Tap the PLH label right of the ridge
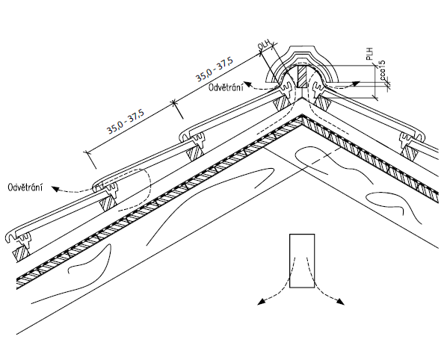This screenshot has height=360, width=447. point(370,54)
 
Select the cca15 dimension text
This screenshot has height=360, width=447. point(383,70)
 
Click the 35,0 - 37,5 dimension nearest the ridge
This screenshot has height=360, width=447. point(215,69)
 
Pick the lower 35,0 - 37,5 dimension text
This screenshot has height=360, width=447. point(126,120)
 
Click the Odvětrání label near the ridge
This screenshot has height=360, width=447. point(226,87)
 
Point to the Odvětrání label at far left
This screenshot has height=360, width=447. point(25,187)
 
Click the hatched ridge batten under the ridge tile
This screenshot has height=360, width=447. point(301,77)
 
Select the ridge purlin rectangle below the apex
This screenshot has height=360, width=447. point(302,261)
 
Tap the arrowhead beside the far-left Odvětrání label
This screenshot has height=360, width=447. point(55,188)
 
